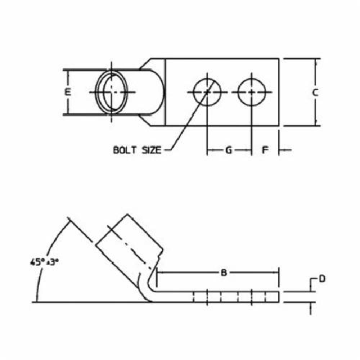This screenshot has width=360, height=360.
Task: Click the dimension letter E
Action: [67, 92]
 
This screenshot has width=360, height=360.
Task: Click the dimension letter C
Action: [315, 93]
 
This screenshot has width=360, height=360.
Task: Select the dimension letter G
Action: [229, 150]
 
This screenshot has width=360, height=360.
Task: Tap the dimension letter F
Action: [265, 150]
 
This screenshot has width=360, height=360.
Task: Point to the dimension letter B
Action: [224, 273]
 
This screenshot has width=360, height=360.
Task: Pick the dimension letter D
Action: [323, 278]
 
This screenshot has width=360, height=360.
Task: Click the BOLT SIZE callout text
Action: [137, 150]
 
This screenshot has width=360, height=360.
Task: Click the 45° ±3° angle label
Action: [44, 262]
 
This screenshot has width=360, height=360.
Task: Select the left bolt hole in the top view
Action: [207, 92]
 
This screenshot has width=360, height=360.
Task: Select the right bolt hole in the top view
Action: [251, 92]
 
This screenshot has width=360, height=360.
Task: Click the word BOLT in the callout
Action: [125, 150]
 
